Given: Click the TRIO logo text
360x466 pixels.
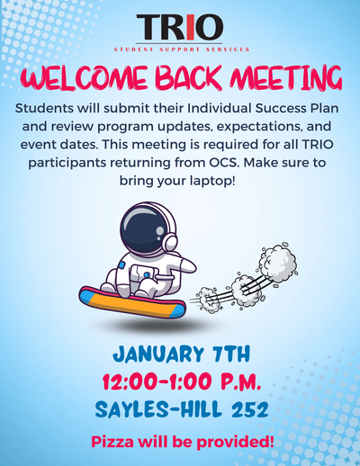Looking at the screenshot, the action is pyautogui.click(x=180, y=27).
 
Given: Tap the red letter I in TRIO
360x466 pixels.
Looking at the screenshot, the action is pyautogui.click(x=190, y=27).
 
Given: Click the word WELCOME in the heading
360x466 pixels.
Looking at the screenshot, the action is pyautogui.click(x=85, y=79).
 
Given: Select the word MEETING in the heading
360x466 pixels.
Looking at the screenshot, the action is pyautogui.click(x=286, y=77).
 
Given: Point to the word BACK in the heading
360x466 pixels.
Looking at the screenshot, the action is pyautogui.click(x=189, y=78).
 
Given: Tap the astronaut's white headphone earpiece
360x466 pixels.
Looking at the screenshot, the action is pyautogui.click(x=170, y=241).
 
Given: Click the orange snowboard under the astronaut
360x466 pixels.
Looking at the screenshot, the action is pyautogui.click(x=132, y=302).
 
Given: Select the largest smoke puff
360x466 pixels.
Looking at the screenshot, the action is pyautogui.click(x=277, y=261).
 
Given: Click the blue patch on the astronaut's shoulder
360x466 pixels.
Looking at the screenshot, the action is pyautogui.click(x=121, y=265).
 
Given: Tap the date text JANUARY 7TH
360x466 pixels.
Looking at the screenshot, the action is pyautogui.click(x=182, y=354).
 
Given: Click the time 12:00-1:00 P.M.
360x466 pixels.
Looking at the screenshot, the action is pyautogui.click(x=182, y=381).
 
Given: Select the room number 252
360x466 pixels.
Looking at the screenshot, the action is pyautogui.click(x=249, y=409).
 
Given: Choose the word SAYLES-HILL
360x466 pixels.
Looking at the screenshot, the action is pyautogui.click(x=158, y=409).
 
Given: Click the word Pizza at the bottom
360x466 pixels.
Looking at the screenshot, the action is pyautogui.click(x=112, y=442).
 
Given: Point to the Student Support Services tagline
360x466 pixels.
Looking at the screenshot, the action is pyautogui.click(x=182, y=49).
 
